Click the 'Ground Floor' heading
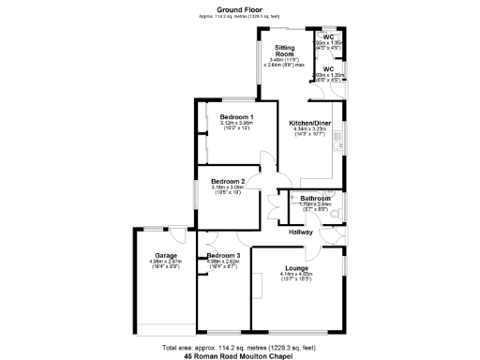pos(240,9)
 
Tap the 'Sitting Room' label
pos(285,52)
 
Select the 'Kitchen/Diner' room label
pos(309,123)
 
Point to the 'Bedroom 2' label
pos(228,181)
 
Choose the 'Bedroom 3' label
pos(223,255)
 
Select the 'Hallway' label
pos(300,232)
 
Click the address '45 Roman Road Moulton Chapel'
pos(240,356)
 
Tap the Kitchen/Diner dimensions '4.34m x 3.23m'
pos(309,129)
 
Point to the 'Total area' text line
pos(240,348)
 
